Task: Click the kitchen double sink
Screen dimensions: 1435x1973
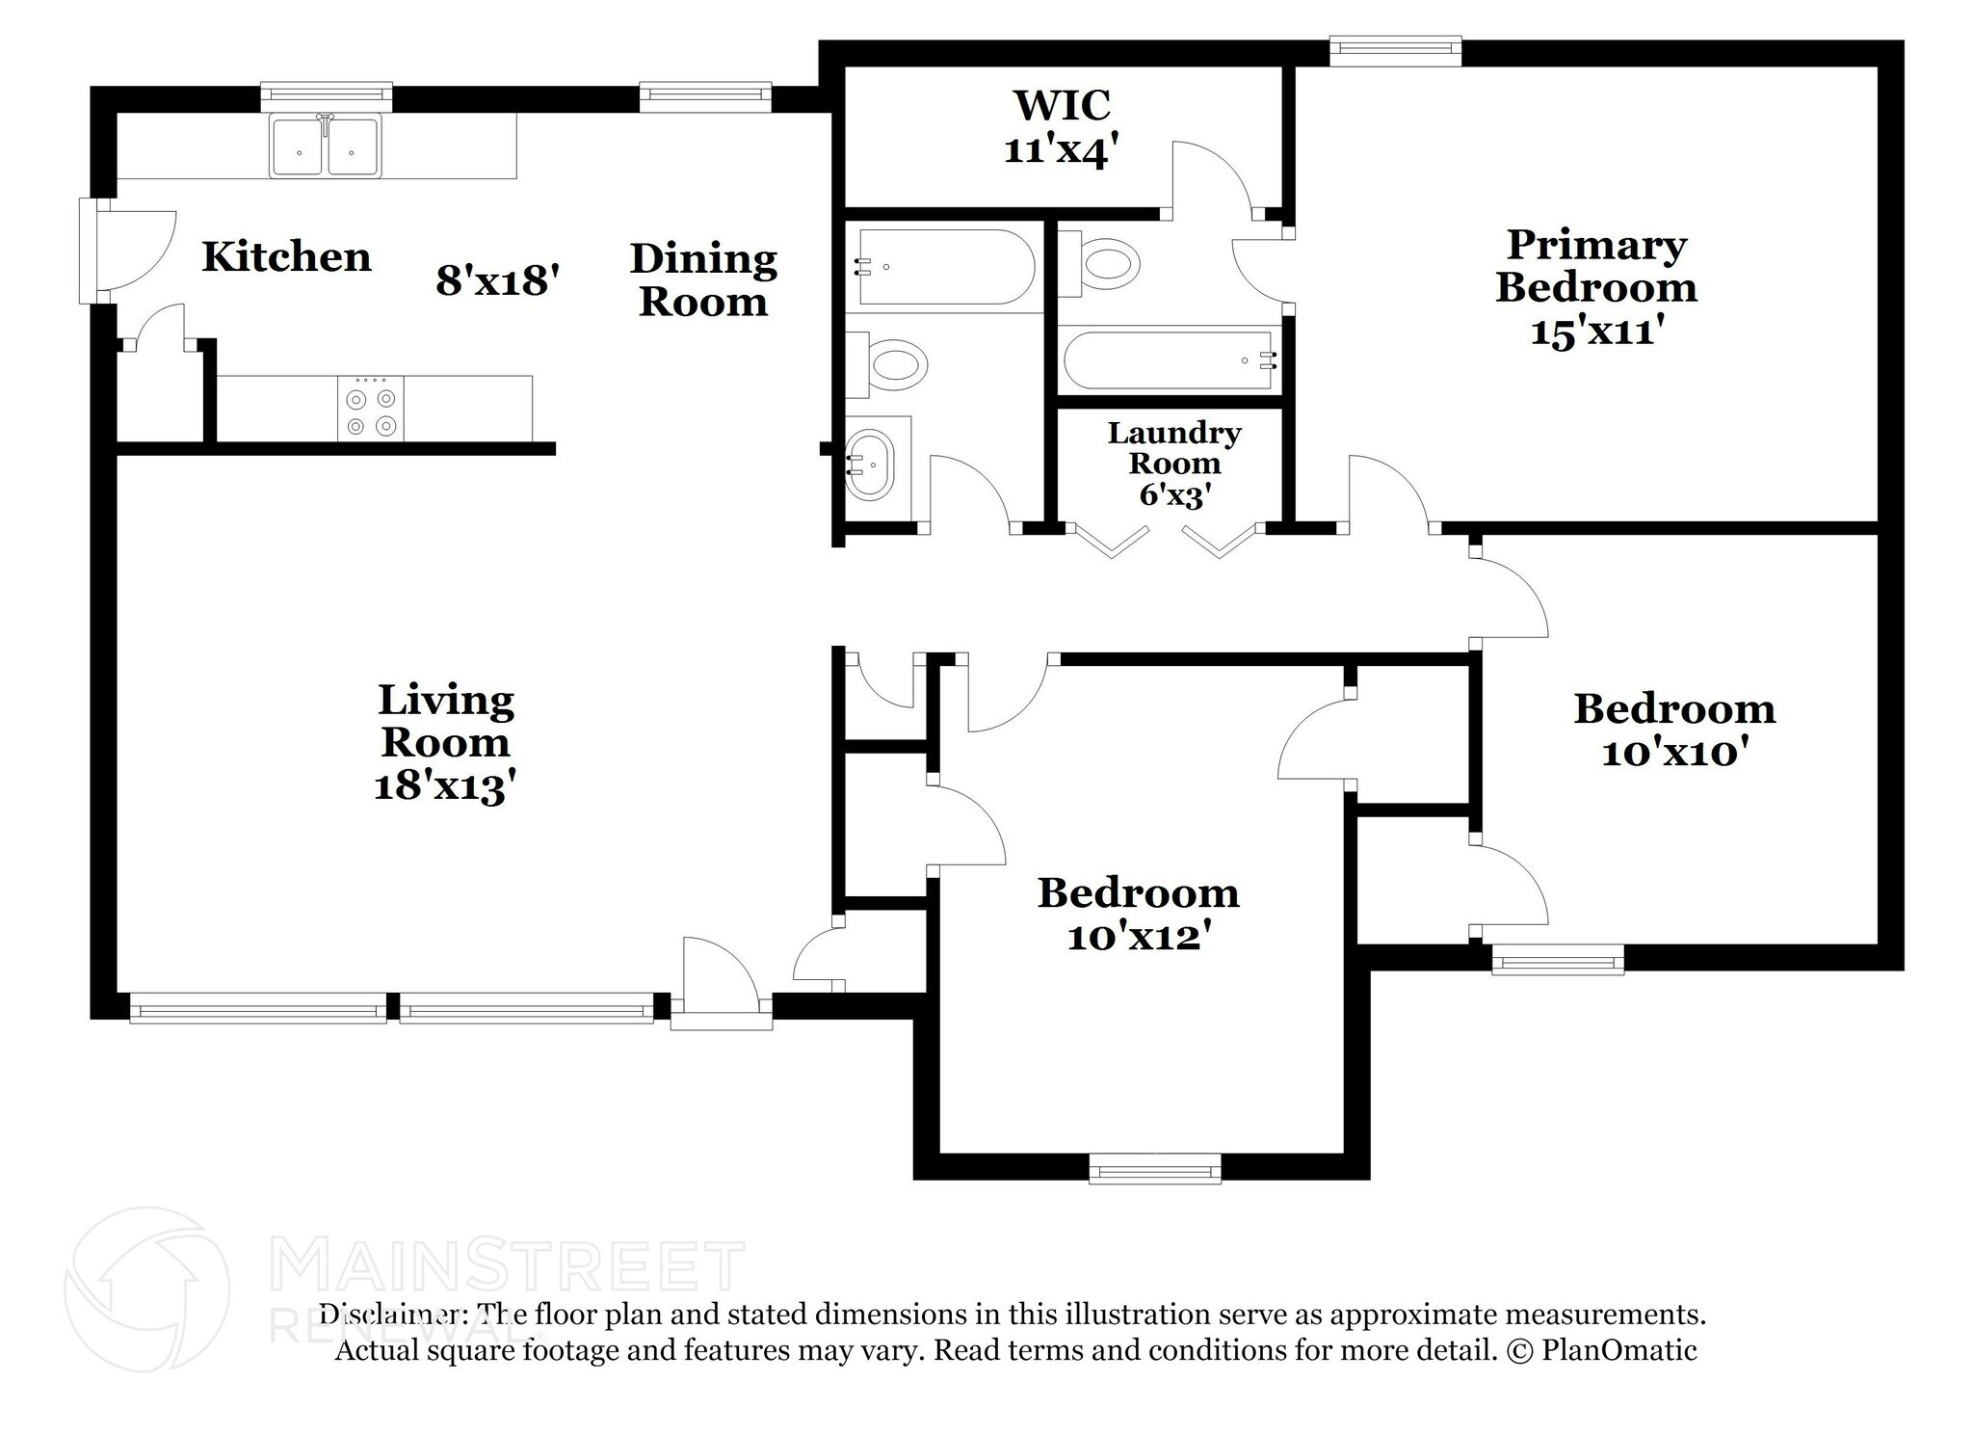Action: [x=326, y=146]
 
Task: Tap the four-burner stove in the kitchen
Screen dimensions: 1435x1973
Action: [x=371, y=410]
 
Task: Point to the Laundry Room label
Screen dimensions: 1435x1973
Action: [x=1173, y=448]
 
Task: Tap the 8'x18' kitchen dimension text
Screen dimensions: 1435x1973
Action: [x=497, y=280]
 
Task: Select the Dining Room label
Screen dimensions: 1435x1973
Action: [x=703, y=280]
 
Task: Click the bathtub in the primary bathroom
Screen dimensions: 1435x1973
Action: [x=1169, y=360]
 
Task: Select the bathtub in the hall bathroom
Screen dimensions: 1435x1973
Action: [x=944, y=267]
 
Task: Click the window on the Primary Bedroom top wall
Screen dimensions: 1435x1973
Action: [x=1395, y=51]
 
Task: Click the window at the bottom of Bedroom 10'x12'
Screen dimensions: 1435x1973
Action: [x=1154, y=1170]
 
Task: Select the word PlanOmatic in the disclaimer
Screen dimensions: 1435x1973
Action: [x=1618, y=1350]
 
